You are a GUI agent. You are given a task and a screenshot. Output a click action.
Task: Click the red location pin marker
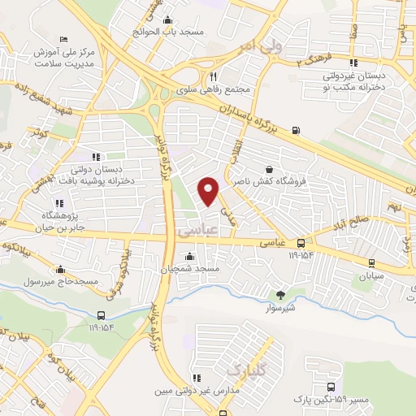[x=209, y=191]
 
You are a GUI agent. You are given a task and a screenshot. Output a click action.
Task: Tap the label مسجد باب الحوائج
[x=168, y=32]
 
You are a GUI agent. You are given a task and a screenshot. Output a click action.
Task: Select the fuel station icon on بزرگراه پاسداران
[x=294, y=130]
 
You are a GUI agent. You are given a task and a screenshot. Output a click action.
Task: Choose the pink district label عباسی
[x=192, y=232]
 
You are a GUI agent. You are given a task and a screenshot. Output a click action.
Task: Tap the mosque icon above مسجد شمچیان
[x=190, y=257]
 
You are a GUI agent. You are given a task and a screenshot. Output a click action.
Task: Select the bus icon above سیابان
[x=371, y=262]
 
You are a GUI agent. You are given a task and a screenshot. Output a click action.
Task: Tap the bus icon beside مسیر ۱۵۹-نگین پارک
[x=331, y=387]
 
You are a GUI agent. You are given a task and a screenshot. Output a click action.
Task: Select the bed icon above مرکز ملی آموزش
[x=64, y=39]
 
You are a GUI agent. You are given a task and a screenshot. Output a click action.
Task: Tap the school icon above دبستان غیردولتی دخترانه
[x=353, y=62]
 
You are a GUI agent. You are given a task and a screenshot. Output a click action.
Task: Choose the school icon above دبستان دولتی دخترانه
[x=96, y=156]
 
